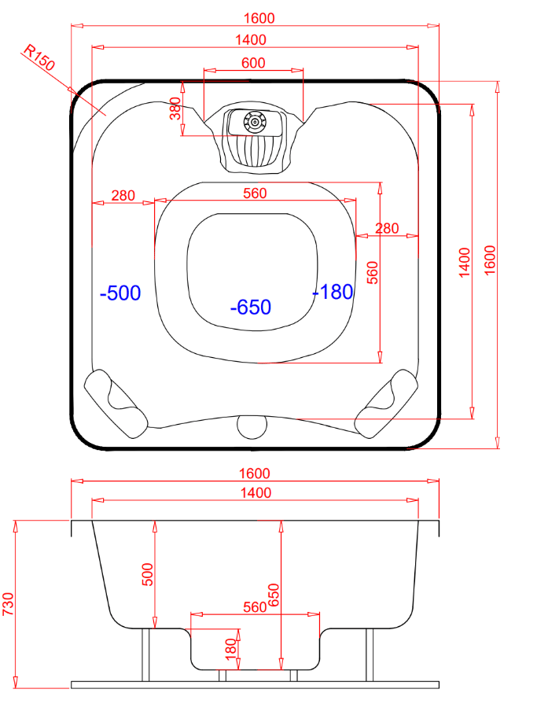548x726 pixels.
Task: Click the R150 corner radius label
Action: pos(39,57)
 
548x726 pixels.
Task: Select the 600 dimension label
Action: pos(253,63)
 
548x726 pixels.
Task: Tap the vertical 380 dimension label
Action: pos(175,109)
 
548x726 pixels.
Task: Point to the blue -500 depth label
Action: pos(120,293)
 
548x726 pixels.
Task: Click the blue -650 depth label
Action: pos(250,307)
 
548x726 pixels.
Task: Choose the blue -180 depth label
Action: pos(333,292)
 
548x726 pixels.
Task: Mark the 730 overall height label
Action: pos(9,604)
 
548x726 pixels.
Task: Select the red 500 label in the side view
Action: pos(147,575)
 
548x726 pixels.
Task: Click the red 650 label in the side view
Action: pos(274,595)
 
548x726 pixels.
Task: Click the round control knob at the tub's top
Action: pos(255,122)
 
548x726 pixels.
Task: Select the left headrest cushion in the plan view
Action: pos(116,404)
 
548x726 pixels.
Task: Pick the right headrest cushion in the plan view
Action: pos(387,404)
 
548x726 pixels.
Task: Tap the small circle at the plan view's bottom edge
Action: pos(252,427)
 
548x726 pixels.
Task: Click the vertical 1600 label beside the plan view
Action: pos(490,260)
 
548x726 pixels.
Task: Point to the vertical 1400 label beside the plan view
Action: pos(464,263)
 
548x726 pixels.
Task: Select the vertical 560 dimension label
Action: pos(373,273)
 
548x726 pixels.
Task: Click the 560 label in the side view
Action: pos(255,607)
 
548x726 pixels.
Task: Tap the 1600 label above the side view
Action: pos(255,474)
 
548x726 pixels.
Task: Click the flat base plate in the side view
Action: pos(255,685)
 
